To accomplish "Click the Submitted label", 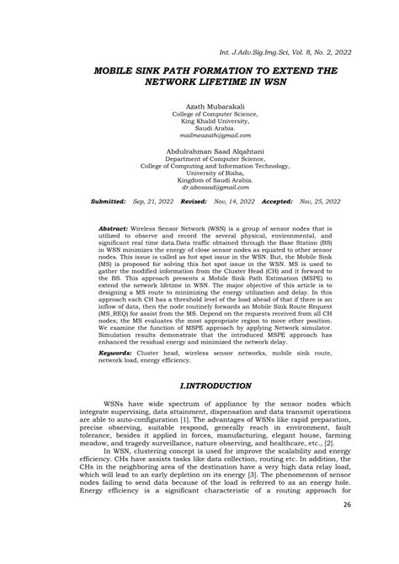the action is click(x=108, y=203).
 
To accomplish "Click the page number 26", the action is click(x=348, y=504).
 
